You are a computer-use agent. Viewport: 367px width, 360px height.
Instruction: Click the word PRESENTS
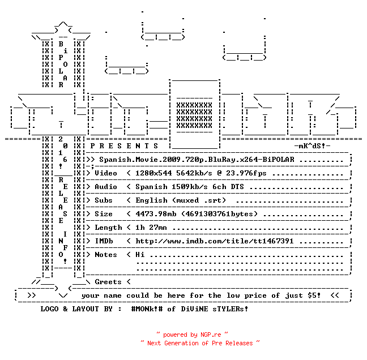coord(124,146)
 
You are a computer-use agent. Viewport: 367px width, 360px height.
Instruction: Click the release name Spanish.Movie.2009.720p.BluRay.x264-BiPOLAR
coord(197,160)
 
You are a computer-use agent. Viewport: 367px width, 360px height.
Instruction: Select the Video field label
coord(106,173)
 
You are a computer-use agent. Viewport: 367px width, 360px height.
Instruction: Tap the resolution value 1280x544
coord(153,173)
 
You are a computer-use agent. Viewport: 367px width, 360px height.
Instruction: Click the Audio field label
coord(106,187)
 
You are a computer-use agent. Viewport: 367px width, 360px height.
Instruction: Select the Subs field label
coord(104,200)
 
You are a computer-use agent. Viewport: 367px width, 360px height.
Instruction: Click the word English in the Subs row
coord(151,200)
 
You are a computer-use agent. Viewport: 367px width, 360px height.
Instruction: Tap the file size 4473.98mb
coord(156,214)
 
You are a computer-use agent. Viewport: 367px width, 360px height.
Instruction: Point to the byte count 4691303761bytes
coord(219,214)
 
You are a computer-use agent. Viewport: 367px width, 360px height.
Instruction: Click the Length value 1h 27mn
coord(151,228)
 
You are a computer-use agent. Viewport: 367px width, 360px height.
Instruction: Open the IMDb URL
coord(215,241)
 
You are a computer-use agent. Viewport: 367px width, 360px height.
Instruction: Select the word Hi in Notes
coord(140,255)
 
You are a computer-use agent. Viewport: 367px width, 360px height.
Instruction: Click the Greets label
coord(108,282)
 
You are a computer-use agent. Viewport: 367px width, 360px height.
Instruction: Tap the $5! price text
coord(314,295)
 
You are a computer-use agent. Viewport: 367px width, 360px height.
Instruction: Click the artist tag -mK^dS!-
coord(312,146)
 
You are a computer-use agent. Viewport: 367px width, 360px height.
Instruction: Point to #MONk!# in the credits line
coord(147,308)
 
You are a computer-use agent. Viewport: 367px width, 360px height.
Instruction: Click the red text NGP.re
coord(211,335)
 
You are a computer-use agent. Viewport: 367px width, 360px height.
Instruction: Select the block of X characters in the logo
coord(194,115)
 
